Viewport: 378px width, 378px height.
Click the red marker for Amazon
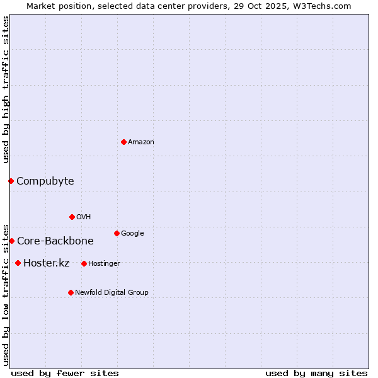(x=123, y=142)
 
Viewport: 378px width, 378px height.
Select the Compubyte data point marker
(x=11, y=181)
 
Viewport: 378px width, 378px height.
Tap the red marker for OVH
(x=72, y=217)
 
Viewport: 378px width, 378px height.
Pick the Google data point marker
(x=117, y=233)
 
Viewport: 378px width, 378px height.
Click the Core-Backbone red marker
(x=11, y=241)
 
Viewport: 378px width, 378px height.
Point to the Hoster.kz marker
(x=18, y=263)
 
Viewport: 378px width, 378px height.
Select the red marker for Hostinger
(x=84, y=263)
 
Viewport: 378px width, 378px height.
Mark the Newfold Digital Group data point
(x=71, y=292)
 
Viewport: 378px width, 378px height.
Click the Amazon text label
(x=141, y=142)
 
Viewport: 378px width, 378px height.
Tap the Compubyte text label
(x=45, y=181)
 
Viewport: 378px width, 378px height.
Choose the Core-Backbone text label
(x=55, y=241)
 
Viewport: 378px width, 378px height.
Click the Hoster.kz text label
(x=47, y=263)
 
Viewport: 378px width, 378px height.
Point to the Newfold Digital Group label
(x=112, y=292)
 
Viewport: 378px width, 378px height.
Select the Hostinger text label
(x=105, y=263)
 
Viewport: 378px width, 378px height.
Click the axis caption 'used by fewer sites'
(x=65, y=373)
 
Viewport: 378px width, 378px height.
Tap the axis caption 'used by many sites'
(x=316, y=373)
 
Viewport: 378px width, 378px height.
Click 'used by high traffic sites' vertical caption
(x=6, y=89)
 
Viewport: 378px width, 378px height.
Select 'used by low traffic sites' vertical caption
(x=6, y=294)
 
